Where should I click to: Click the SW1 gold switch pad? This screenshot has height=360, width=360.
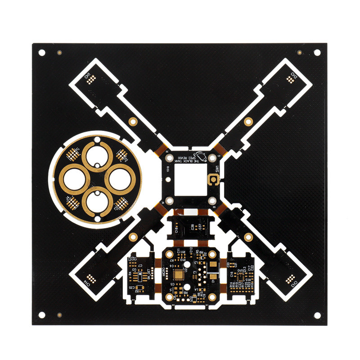pyautogui.click(x=213, y=180)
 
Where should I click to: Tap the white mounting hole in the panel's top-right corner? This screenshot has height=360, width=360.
pyautogui.click(x=317, y=53)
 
